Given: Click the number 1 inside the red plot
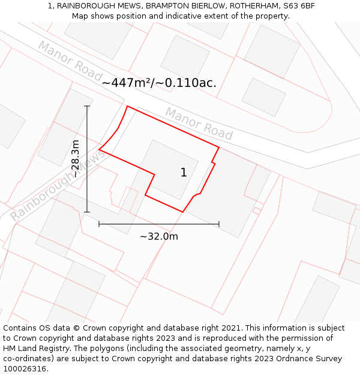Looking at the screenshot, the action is (x=184, y=173).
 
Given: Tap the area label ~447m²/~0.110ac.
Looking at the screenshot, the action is (x=159, y=83).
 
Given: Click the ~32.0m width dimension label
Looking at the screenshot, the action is (x=159, y=236).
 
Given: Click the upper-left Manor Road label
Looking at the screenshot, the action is (x=70, y=60).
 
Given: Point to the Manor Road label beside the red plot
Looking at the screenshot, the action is (x=199, y=122).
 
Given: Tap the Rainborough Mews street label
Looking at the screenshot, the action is (x=58, y=185).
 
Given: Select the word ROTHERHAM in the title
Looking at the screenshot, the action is (x=252, y=5).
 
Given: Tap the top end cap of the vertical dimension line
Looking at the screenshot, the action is (x=87, y=106).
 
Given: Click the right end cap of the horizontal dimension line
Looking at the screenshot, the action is (x=219, y=224).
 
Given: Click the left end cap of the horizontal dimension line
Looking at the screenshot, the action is (x=99, y=224).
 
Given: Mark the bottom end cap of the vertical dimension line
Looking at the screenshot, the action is (x=87, y=212).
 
